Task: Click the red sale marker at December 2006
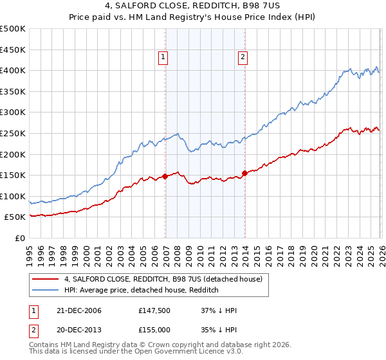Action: (165, 175)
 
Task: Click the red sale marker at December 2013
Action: (245, 172)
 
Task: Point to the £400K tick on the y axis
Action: (14, 70)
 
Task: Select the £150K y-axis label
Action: (14, 175)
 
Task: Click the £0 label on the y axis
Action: (20, 238)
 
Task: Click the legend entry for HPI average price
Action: (142, 291)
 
